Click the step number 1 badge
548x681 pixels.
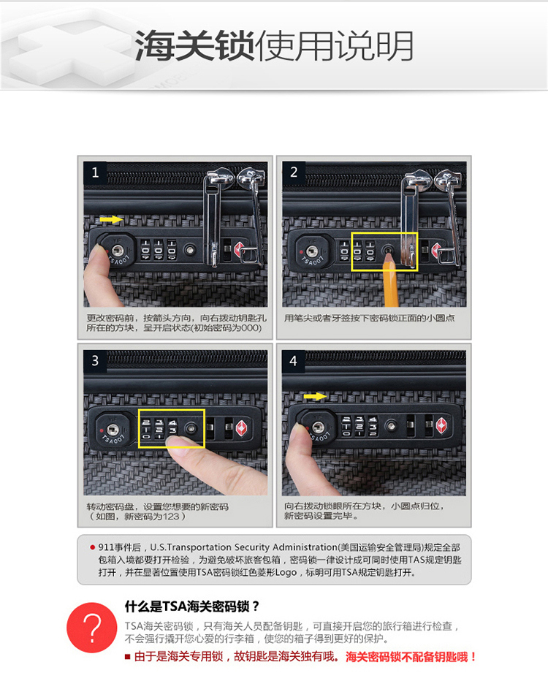coord(95,173)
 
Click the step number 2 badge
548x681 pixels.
coord(294,172)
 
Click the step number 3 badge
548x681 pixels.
coord(95,361)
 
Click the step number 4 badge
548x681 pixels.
coord(294,361)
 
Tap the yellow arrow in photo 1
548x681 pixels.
coord(111,219)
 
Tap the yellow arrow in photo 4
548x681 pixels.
coord(315,396)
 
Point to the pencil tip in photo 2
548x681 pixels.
coord(388,254)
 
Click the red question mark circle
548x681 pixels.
coord(91,628)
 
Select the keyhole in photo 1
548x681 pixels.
coord(118,251)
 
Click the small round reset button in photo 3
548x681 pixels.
coord(191,429)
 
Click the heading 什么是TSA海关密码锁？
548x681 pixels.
coord(192,606)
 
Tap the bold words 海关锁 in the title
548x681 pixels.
coord(195,45)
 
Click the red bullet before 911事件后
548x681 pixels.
coord(92,547)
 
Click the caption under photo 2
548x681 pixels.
coord(370,318)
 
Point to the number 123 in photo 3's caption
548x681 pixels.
coord(171,517)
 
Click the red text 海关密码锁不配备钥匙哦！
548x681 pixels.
coord(411,657)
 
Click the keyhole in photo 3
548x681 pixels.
coord(113,430)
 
